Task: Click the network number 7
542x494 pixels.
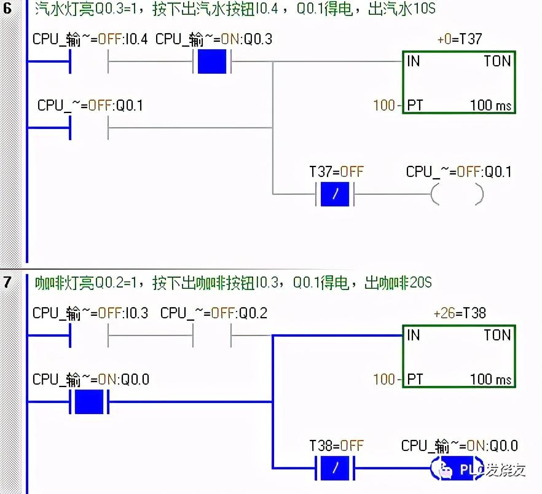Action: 7,283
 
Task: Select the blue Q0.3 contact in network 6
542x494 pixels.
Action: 212,61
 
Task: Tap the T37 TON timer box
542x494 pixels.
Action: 458,82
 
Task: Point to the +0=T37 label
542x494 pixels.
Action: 459,39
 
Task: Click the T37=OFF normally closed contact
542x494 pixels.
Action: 335,194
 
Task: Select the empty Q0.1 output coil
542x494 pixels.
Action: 458,194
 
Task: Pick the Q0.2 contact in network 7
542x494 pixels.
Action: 212,335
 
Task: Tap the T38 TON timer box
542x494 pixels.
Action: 458,356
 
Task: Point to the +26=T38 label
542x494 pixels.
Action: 459,313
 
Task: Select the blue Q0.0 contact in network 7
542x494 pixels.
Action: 89,402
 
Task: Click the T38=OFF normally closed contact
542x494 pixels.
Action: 335,468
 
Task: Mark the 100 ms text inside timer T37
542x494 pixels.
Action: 490,105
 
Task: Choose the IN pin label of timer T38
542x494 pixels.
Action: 414,335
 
